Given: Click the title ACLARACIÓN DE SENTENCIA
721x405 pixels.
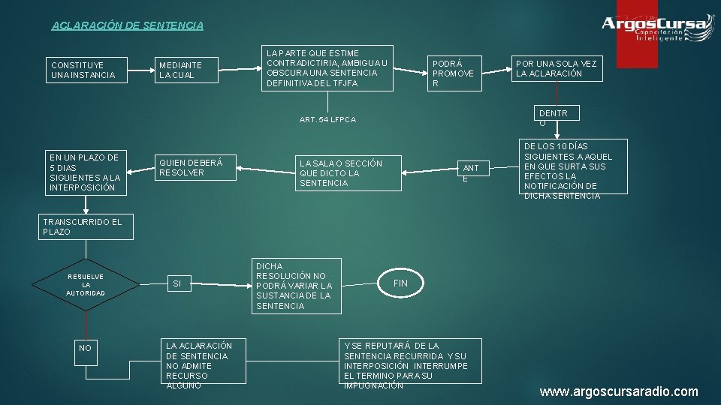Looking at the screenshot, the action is [x=127, y=25].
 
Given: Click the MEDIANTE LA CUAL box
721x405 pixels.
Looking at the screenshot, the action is [x=188, y=70].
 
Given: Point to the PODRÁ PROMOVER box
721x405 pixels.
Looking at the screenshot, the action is [x=454, y=73].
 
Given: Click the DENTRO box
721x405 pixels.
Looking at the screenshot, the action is [x=555, y=117].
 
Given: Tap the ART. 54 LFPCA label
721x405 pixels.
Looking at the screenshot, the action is [x=327, y=120].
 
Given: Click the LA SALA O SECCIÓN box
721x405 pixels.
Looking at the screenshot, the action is [x=348, y=173].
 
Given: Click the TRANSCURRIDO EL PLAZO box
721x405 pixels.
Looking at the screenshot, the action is [x=86, y=226].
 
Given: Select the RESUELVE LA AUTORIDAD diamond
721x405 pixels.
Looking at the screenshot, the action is [x=86, y=284].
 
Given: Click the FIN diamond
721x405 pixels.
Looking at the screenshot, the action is [x=401, y=283].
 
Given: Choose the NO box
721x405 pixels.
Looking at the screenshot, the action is [x=86, y=348].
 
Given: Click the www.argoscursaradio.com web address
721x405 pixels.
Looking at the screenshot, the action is [x=618, y=391].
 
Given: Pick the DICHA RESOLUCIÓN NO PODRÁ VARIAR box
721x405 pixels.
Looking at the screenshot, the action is [x=297, y=286].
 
